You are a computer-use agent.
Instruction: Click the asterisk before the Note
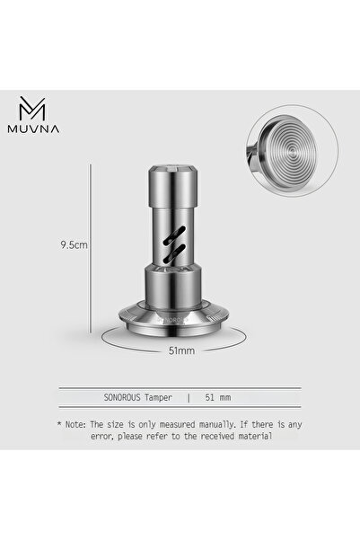pyautogui.click(x=58, y=421)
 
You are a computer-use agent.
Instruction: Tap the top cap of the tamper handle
pyautogui.click(x=180, y=171)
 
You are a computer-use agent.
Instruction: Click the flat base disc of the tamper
pyautogui.click(x=180, y=321)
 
